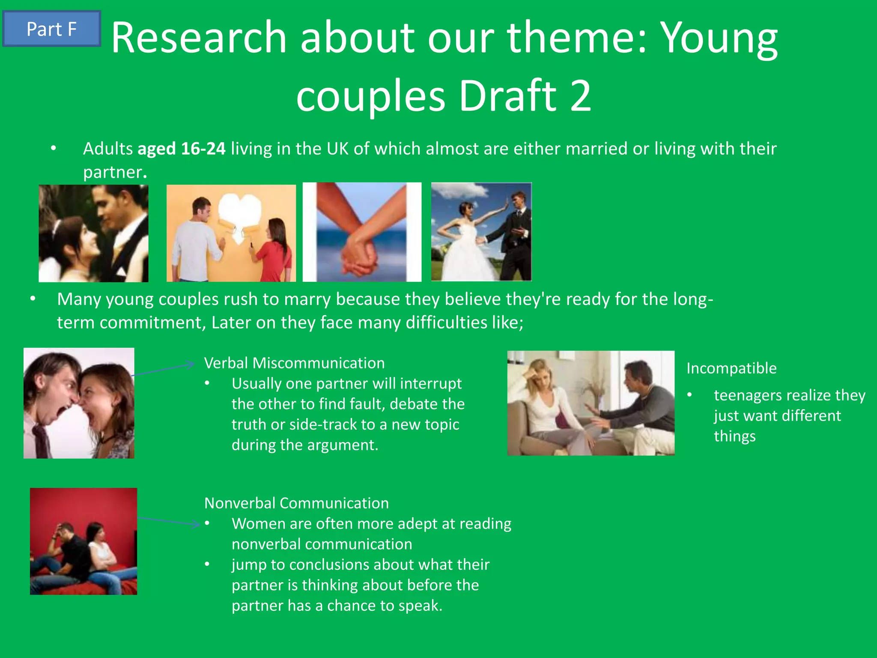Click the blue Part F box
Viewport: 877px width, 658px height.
pos(51,29)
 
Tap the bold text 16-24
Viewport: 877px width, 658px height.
pos(203,149)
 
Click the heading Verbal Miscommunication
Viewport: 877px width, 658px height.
pos(294,363)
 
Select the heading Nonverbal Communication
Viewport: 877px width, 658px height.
pos(296,503)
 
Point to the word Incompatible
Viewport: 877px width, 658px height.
pos(731,368)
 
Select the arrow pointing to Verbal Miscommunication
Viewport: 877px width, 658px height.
pos(165,369)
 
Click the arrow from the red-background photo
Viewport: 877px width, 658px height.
pos(169,521)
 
